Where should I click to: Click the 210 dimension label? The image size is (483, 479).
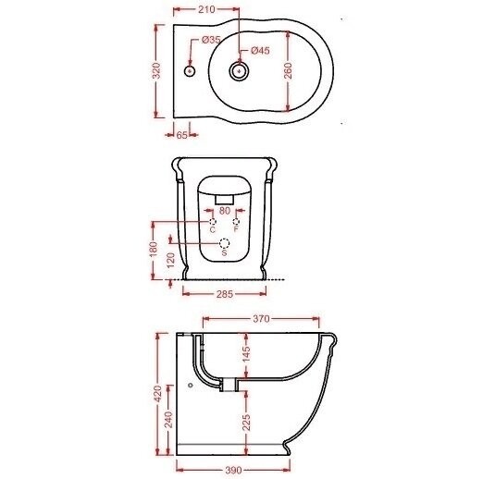206,9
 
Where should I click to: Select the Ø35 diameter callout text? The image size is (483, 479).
211,40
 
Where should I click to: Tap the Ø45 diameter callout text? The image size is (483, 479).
260,51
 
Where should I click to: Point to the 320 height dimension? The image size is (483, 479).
157,70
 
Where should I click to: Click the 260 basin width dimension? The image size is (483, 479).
288,70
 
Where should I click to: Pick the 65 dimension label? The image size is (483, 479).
182,135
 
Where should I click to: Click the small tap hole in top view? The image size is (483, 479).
190,71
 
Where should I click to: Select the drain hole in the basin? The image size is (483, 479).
239,71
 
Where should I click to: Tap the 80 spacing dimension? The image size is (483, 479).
225,211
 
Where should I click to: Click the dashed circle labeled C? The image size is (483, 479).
213,222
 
